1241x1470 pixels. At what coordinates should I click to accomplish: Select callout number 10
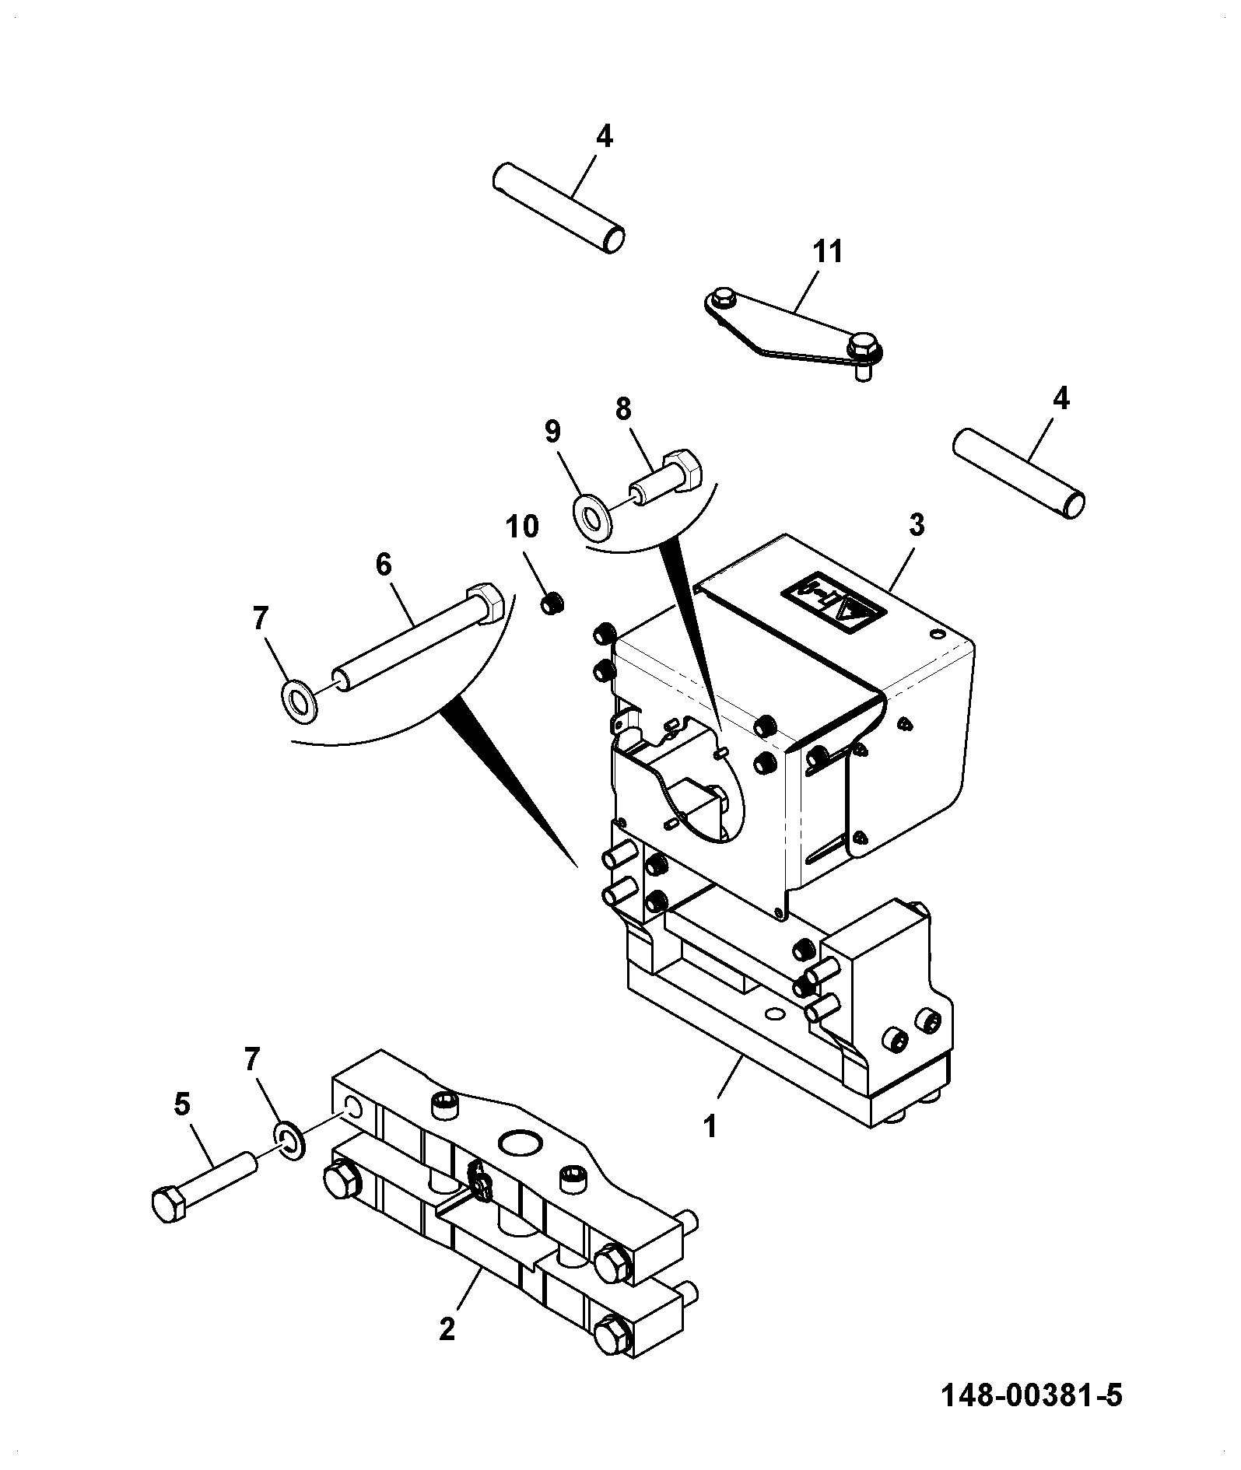coord(522,527)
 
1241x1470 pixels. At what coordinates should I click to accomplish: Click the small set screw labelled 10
coord(552,602)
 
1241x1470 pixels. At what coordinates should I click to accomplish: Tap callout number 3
coord(917,526)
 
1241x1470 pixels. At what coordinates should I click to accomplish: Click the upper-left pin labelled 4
coord(559,208)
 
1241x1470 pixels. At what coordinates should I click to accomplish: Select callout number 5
coord(181,1105)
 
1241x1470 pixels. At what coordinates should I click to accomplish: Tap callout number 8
coord(623,409)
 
